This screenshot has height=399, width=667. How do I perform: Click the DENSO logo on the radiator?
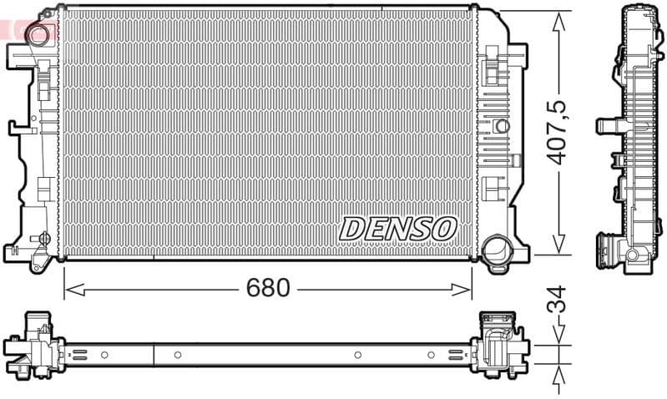coord(398,228)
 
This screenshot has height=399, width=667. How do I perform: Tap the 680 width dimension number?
coord(267,288)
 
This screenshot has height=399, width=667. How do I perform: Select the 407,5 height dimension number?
coord(558,131)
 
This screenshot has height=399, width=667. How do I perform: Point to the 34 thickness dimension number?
coord(558,300)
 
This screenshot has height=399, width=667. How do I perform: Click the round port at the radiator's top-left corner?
coord(38,34)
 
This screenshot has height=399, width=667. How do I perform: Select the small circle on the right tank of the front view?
coord(501,126)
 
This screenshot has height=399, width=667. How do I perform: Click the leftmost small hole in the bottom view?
coord(104,355)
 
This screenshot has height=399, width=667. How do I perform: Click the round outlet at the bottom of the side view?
coord(632,255)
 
